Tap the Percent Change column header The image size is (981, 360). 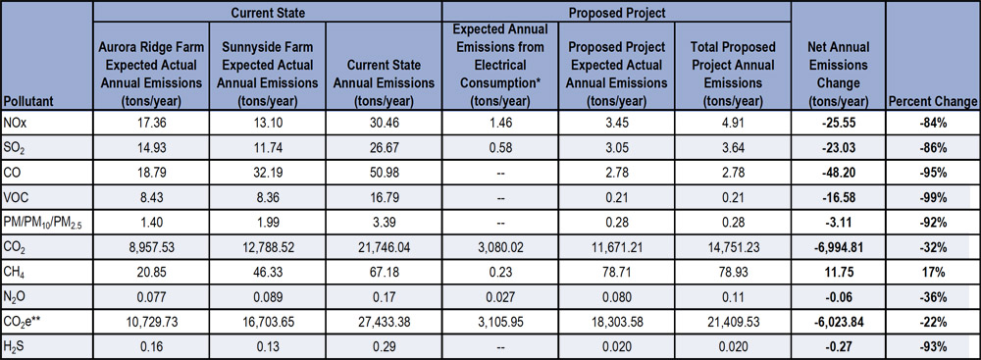click(932, 101)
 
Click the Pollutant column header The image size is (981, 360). click(35, 101)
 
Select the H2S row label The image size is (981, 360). click(19, 347)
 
